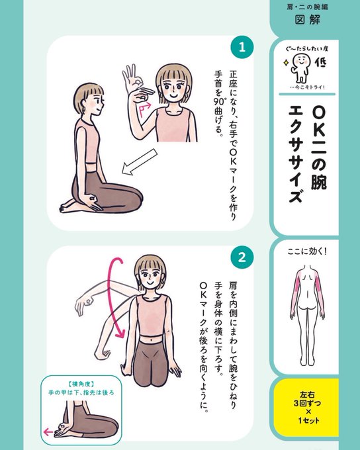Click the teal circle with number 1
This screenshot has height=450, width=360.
click(x=242, y=47)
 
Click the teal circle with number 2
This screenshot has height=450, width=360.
click(x=242, y=257)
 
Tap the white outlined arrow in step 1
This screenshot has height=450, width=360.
click(x=140, y=161)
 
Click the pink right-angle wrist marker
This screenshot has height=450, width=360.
click(x=145, y=109)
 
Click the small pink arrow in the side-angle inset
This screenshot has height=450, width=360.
click(x=48, y=432)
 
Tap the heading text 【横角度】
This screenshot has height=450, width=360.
click(x=81, y=384)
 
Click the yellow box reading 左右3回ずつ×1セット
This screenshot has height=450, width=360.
click(x=306, y=408)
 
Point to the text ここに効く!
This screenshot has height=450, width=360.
click(x=307, y=251)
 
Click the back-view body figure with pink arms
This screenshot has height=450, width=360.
click(x=307, y=315)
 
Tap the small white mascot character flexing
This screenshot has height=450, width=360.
click(x=300, y=68)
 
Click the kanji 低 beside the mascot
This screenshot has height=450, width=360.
click(x=321, y=62)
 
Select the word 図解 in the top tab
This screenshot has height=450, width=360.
click(x=308, y=20)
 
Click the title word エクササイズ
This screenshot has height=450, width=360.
click(x=295, y=155)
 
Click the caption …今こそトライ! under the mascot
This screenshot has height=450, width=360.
click(x=307, y=87)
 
